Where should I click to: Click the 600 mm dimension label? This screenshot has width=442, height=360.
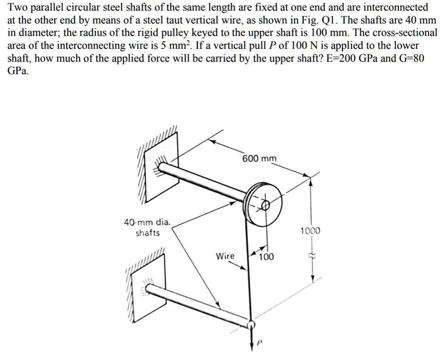point(260,159)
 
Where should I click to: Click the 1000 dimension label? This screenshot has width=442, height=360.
point(310,231)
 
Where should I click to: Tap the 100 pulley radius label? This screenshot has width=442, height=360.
point(266,257)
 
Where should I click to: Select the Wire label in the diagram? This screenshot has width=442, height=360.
point(225,256)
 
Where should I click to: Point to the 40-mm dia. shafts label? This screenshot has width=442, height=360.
point(148,227)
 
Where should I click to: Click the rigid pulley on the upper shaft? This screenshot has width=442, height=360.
point(259,203)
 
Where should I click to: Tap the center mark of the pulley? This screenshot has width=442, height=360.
point(265,206)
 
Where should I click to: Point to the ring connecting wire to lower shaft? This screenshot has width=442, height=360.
point(251,325)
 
